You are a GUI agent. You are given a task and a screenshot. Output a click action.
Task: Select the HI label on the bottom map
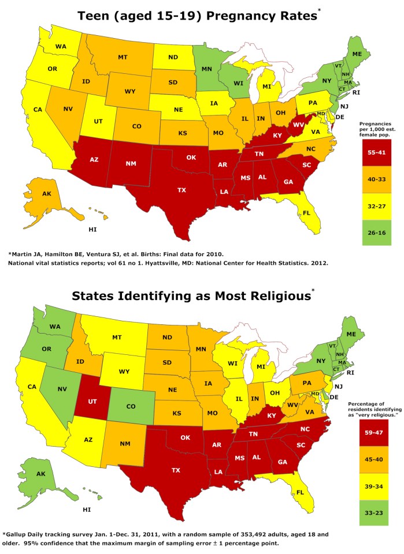[x=87, y=510]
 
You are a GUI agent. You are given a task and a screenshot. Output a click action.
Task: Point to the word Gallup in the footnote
[x=25, y=534]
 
